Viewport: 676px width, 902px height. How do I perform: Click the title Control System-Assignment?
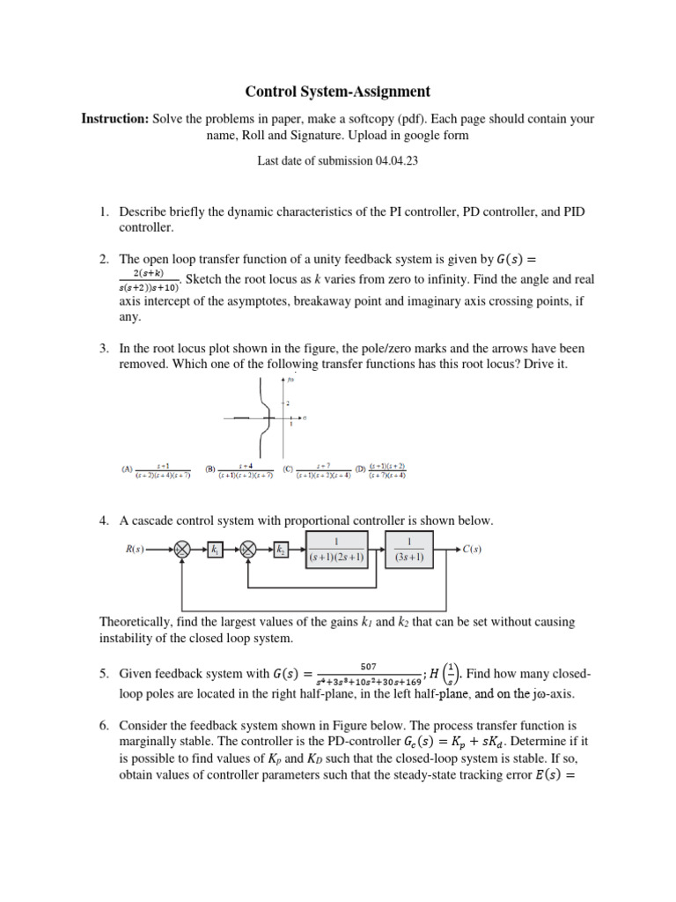[337, 91]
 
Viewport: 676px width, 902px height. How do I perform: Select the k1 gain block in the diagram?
[216, 550]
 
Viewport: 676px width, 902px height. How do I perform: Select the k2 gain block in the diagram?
[282, 550]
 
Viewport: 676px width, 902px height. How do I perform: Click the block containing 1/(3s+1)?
[409, 550]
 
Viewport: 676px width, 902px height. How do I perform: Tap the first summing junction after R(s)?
[182, 550]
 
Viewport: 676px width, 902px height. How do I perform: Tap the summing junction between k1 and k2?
[249, 550]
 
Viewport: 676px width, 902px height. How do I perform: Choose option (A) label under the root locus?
[128, 469]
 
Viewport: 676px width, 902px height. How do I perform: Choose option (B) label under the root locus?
[211, 469]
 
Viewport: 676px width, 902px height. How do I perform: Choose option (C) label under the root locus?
[289, 469]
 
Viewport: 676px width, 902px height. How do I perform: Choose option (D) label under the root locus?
[359, 469]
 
